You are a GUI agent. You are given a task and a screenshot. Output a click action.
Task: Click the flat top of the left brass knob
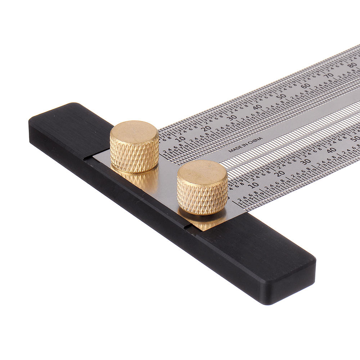[x=134, y=131]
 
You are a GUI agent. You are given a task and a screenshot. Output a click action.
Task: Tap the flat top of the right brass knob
[x=202, y=171]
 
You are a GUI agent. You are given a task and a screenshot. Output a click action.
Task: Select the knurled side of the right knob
[x=202, y=198]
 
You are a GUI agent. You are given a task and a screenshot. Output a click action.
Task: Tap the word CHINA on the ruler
[x=255, y=139]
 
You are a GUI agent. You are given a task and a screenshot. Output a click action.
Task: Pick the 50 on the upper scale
[x=281, y=96]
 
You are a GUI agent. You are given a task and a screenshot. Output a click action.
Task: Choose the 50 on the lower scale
[x=355, y=138]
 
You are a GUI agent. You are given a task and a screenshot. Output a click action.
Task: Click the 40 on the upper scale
[x=257, y=107]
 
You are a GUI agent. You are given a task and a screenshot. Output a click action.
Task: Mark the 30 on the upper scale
[x=233, y=117]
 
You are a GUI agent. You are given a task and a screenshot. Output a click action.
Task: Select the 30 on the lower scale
[x=305, y=161]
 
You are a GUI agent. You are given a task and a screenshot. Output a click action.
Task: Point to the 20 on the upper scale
[x=207, y=128]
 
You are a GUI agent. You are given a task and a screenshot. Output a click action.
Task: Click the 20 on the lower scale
[x=280, y=173]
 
